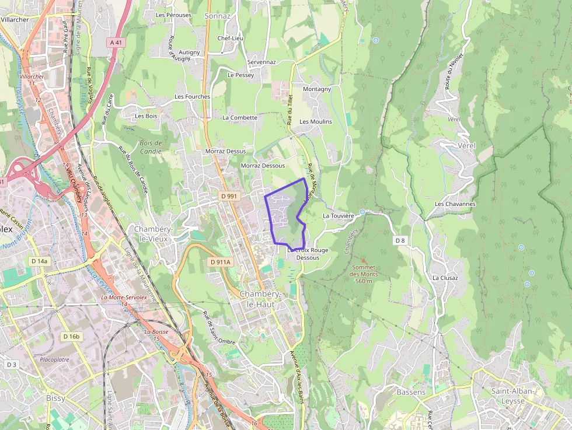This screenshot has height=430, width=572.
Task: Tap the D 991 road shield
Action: (229, 197)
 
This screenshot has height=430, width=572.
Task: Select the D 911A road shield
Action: (221, 263)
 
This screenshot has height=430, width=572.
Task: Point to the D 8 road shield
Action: (400, 240)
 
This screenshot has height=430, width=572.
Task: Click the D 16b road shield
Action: (70, 337)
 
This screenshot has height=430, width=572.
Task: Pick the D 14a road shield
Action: (39, 261)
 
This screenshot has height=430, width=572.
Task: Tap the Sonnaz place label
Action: (218, 16)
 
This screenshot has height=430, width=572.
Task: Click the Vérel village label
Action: (467, 145)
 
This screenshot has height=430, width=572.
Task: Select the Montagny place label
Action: (317, 89)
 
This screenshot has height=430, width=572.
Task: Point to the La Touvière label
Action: (339, 216)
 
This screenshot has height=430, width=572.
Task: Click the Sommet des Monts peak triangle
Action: (363, 261)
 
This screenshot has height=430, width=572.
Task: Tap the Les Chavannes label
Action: (455, 204)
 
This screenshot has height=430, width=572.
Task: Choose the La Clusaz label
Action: (445, 278)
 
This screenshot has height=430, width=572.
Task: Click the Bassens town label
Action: (411, 392)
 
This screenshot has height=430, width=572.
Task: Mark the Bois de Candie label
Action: (151, 147)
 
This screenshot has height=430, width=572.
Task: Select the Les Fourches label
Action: (192, 96)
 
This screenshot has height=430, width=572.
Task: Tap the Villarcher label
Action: (15, 19)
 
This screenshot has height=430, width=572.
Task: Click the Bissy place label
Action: (55, 398)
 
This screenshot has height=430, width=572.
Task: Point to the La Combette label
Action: (240, 117)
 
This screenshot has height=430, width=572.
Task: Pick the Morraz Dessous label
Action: (263, 166)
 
